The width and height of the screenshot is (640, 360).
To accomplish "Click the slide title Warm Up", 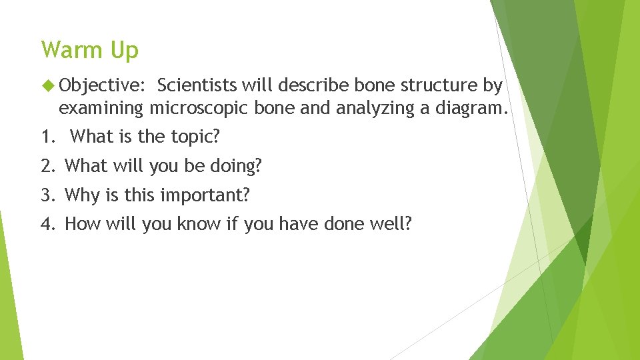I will (89, 51).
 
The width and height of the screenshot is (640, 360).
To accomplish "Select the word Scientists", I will (197, 86).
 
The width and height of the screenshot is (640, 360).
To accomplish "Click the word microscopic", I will (201, 108).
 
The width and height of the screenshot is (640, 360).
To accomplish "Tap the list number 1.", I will (47, 137).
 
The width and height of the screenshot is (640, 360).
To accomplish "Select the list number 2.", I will (47, 166).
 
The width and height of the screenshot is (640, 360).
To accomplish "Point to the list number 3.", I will (47, 195).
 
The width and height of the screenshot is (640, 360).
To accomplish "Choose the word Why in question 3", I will (81, 195).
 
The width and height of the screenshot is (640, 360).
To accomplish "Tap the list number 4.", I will (47, 224).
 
